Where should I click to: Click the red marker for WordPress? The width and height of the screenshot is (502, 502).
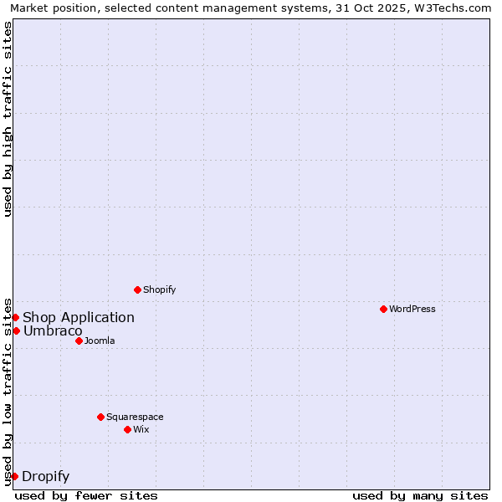tap(383, 309)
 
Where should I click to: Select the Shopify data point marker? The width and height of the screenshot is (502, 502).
tap(137, 289)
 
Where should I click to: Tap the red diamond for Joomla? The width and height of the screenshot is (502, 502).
tap(79, 341)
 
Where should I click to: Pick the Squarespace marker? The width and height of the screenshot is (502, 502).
tap(100, 417)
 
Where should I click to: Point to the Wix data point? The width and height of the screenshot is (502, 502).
tap(127, 429)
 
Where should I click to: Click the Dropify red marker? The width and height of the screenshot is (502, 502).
tap(14, 476)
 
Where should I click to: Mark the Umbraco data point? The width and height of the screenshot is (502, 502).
tap(16, 330)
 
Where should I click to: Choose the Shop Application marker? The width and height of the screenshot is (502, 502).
tap(15, 317)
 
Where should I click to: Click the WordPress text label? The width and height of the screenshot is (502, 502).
tap(412, 309)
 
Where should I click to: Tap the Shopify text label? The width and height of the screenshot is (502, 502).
tap(160, 289)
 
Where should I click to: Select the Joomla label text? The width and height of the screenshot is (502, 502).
tap(100, 341)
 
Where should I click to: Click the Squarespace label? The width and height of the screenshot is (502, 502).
tap(135, 417)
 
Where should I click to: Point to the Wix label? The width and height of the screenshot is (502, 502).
tap(141, 429)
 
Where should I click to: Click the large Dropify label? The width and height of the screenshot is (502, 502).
tap(46, 477)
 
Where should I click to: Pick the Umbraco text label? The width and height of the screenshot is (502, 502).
tap(53, 331)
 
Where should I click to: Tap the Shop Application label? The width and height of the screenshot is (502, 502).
tap(79, 317)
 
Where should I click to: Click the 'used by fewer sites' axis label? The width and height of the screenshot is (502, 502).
tap(86, 495)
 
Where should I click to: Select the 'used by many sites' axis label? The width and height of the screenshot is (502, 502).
tap(420, 495)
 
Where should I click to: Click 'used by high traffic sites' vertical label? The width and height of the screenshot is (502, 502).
tap(8, 119)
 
